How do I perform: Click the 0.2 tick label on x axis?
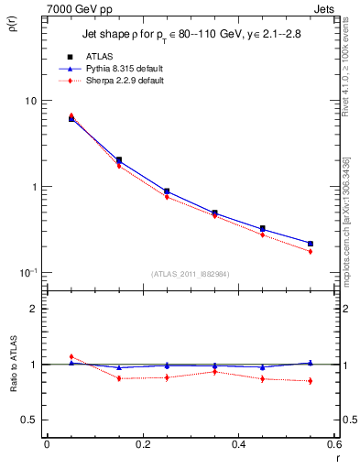[142, 445]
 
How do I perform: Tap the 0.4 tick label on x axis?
[239, 445]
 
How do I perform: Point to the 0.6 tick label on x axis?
[335, 445]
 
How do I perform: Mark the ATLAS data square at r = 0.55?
[311, 244]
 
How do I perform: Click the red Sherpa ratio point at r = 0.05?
[71, 356]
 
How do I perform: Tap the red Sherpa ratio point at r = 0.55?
[311, 381]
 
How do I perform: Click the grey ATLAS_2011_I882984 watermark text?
[191, 273]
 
